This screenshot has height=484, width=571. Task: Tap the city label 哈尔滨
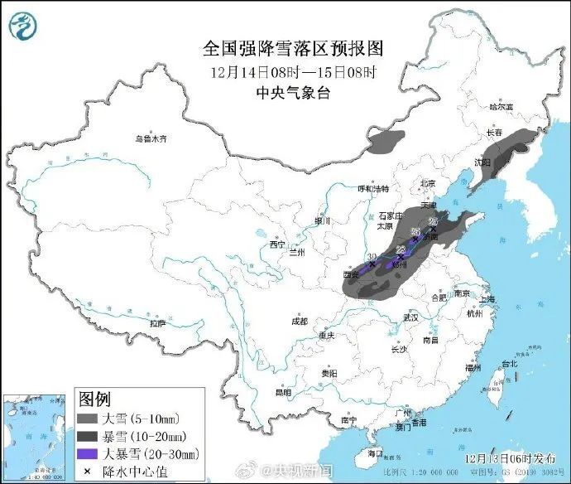coord(501,107)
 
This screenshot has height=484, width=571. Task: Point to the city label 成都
coord(299,321)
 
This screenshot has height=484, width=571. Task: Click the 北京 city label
coord(427,184)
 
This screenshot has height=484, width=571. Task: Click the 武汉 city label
coord(410,317)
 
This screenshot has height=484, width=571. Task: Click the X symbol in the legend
coord(86,471)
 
